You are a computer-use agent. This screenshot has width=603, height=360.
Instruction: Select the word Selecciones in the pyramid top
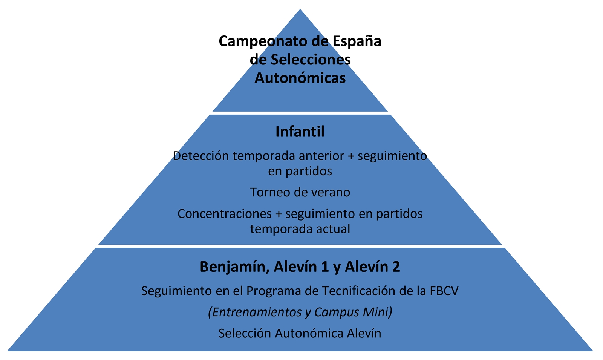point(311,60)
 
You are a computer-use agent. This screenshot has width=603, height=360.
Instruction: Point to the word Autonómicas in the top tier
point(300,78)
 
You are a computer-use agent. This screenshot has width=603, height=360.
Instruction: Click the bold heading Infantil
point(300,132)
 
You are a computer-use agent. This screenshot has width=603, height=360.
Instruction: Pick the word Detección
point(201,156)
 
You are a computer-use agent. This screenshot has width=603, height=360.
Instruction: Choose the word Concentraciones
point(225,214)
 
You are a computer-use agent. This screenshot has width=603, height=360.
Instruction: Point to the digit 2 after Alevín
point(396,267)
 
